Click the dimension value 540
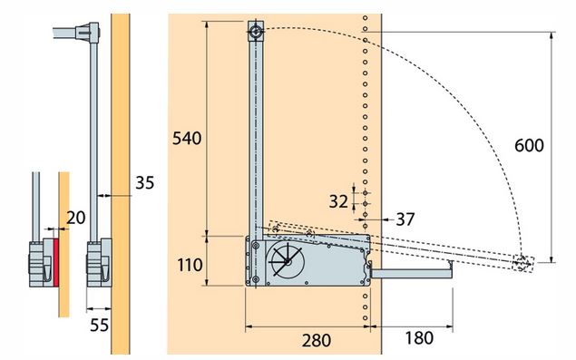(x=187, y=139)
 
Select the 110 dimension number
(x=190, y=265)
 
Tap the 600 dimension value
(x=529, y=145)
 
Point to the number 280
(x=317, y=341)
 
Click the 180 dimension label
(x=419, y=338)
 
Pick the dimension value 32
(x=338, y=201)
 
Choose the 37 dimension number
(x=405, y=219)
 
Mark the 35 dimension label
(x=145, y=182)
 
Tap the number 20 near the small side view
(x=75, y=218)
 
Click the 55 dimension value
(x=100, y=326)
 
